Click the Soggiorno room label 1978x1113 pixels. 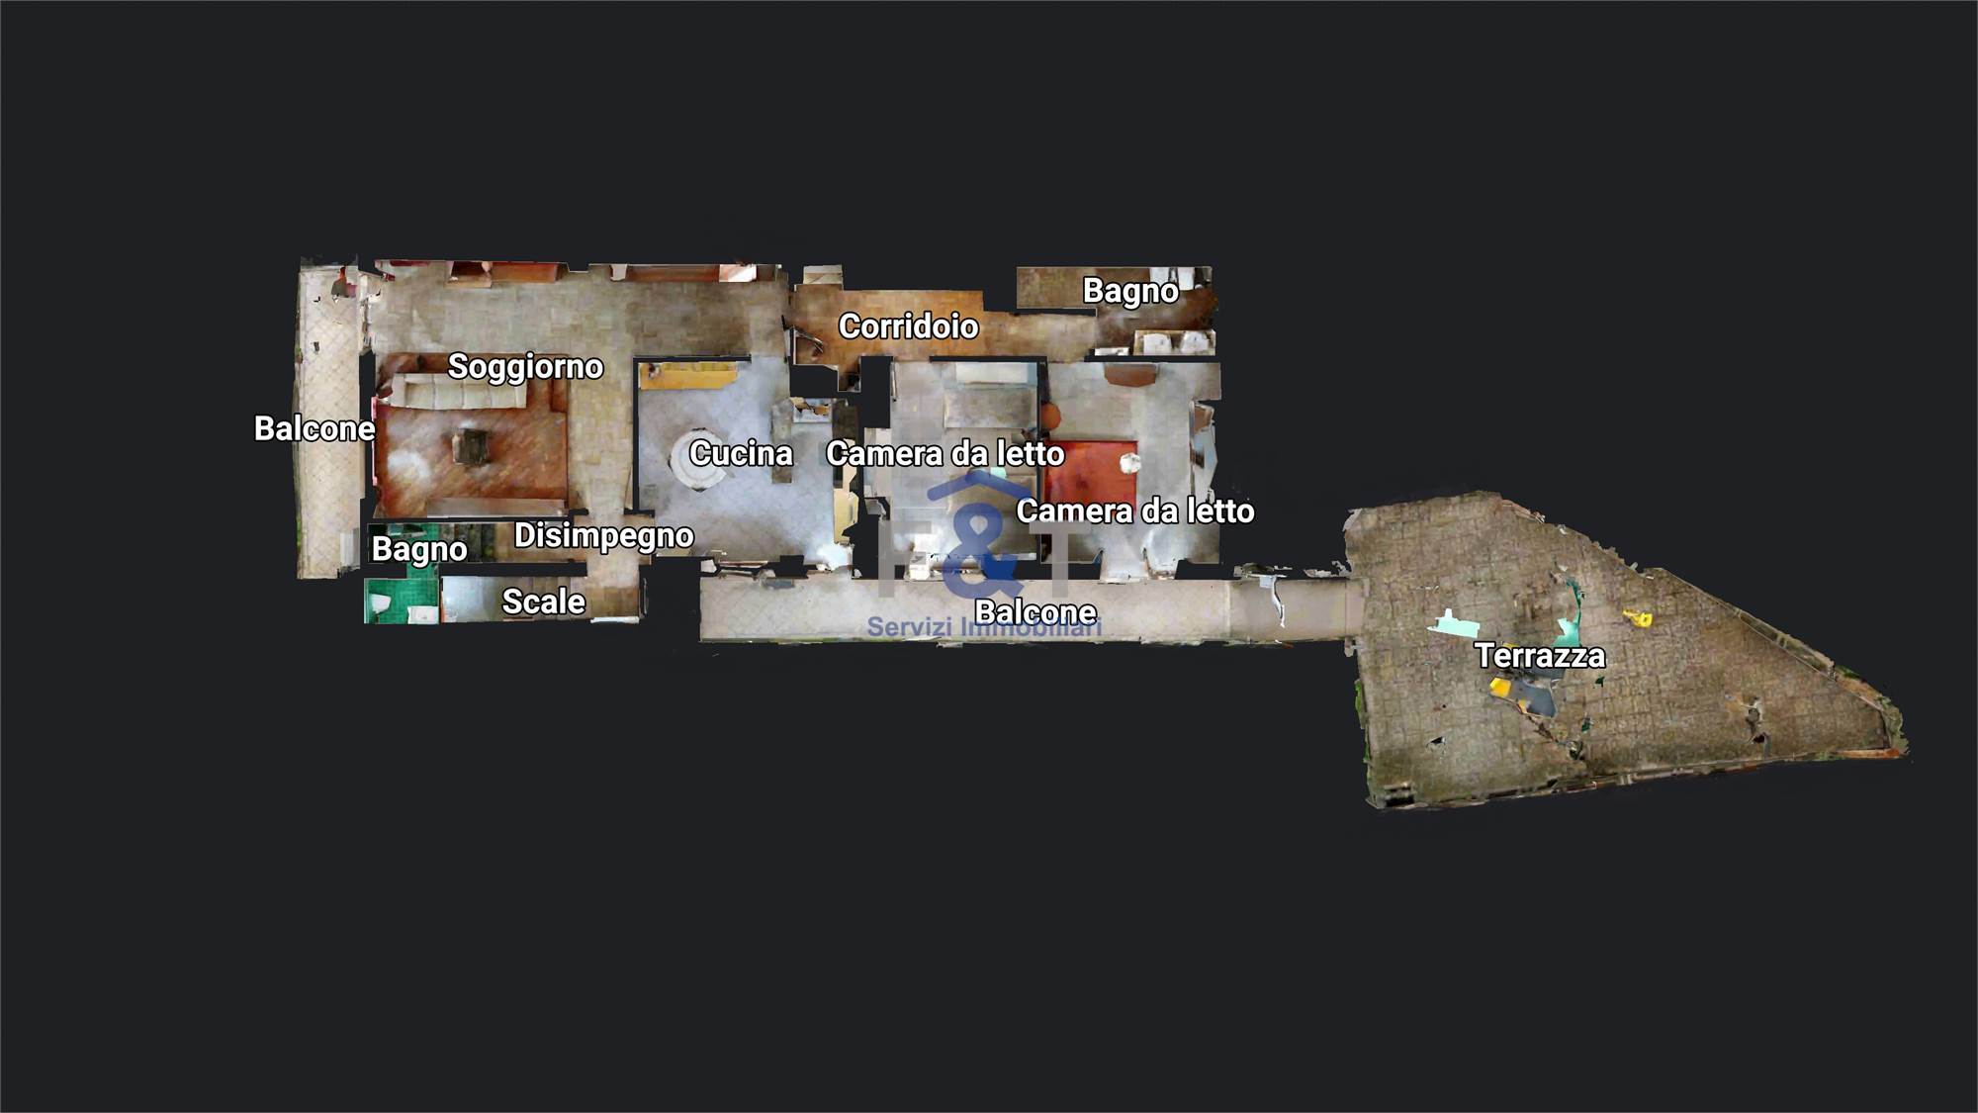click(x=525, y=367)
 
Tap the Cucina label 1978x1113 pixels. click(x=741, y=453)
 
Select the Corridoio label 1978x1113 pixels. click(x=909, y=325)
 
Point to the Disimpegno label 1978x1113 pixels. click(x=603, y=535)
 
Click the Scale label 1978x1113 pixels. click(x=543, y=602)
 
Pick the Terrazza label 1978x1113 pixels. click(x=1540, y=655)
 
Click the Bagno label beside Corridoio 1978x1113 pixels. click(x=1130, y=291)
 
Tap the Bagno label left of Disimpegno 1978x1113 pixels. click(x=419, y=549)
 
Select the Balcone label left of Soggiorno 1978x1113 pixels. click(x=315, y=428)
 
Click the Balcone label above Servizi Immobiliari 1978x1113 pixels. click(x=1035, y=612)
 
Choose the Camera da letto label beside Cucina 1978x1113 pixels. click(x=945, y=453)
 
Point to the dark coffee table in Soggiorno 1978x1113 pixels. click(x=472, y=445)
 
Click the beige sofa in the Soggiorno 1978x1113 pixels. click(x=461, y=392)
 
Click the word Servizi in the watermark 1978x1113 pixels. click(x=909, y=627)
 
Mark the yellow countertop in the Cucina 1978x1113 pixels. click(x=688, y=374)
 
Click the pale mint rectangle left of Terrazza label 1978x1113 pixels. click(x=1451, y=623)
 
